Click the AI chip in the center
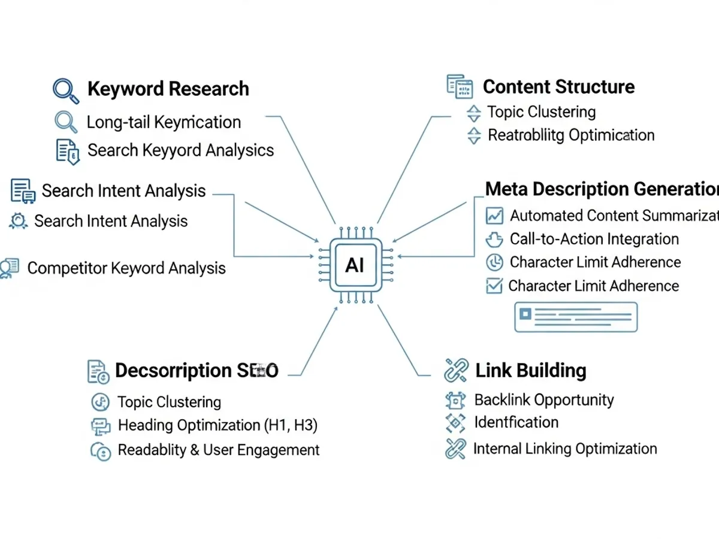(355, 265)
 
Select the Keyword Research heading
(168, 89)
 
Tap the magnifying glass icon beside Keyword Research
(66, 90)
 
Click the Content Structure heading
(558, 87)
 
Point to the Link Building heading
(530, 370)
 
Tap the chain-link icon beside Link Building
(456, 371)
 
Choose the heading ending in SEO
(197, 371)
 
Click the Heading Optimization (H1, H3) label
(217, 425)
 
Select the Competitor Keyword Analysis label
(126, 268)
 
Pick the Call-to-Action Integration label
(594, 239)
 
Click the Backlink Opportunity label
(544, 399)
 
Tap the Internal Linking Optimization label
(565, 449)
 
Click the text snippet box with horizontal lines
(576, 317)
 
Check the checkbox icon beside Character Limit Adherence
(494, 286)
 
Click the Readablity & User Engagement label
(219, 450)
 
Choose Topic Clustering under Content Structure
(541, 112)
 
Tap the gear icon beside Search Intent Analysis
(19, 221)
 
